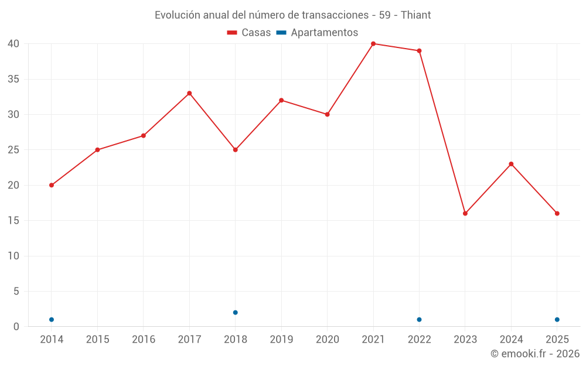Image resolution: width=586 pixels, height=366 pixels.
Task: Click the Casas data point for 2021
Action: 373,44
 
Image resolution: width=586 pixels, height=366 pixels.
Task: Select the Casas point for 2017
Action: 189,93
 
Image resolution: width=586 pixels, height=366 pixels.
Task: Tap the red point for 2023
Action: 465,213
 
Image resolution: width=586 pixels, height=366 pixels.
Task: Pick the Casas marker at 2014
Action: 52,185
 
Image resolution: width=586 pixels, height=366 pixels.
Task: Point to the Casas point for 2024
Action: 511,164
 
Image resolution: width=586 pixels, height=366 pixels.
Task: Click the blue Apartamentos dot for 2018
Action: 236,312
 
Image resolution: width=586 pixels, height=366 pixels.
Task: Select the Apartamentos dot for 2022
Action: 419,319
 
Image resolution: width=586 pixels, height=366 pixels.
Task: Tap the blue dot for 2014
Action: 52,319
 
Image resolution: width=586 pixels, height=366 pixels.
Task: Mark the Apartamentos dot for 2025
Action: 557,319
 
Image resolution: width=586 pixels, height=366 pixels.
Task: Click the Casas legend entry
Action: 249,33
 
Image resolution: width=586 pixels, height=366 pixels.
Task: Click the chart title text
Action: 292,15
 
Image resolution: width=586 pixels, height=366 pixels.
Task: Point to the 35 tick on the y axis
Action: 13,79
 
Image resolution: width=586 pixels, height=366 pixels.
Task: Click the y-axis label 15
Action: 13,221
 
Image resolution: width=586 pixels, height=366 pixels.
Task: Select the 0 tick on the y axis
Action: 16,327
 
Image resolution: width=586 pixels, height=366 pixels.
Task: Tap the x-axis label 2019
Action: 281,340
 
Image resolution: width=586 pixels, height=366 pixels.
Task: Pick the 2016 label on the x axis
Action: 144,340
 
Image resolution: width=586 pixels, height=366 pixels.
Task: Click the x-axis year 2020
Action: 327,340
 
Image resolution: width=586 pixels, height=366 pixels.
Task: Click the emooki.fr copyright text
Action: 534,354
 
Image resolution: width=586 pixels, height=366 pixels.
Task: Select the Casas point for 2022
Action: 419,51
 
